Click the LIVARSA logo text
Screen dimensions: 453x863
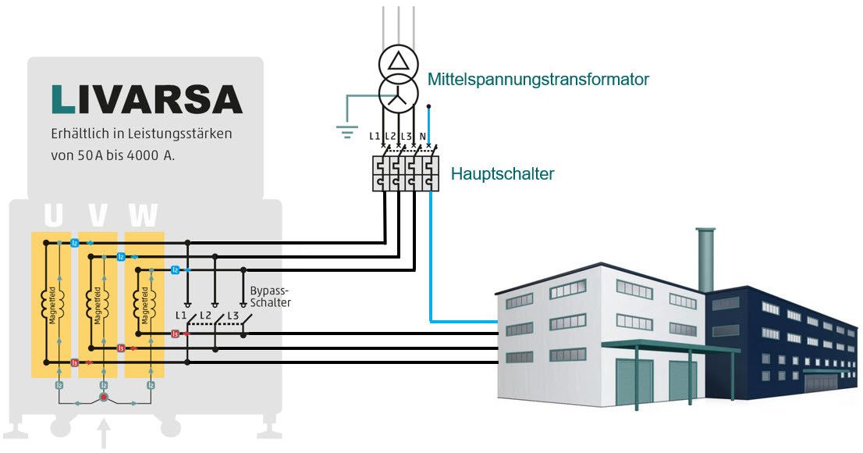147,99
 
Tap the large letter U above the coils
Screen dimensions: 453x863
53,216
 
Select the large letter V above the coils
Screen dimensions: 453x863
98,216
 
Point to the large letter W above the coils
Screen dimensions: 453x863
144,216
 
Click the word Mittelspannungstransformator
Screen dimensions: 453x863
538,79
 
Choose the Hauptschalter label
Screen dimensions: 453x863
502,173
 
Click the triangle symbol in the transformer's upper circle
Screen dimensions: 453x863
399,62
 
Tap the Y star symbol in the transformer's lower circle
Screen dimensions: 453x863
399,95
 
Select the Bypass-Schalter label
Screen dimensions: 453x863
270,297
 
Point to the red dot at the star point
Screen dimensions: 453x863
102,398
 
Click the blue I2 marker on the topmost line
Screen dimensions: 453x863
74,244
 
